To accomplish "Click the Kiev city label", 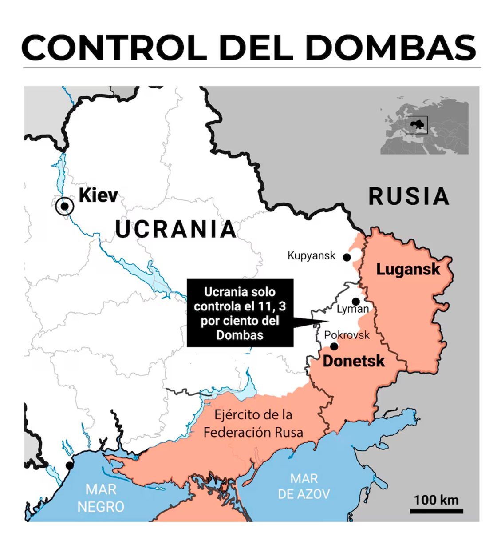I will (x=98, y=195).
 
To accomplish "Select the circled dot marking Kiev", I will (x=65, y=206).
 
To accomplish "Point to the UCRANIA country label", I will (x=176, y=229).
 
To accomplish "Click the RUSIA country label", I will (x=409, y=196).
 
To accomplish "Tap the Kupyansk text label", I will (x=312, y=256).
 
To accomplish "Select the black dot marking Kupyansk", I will (x=347, y=257).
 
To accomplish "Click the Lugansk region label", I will (x=408, y=269).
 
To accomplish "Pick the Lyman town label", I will (x=353, y=309).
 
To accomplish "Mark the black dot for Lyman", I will (x=356, y=302).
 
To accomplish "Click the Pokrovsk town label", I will (x=347, y=335).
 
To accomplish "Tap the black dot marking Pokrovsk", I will (x=334, y=346).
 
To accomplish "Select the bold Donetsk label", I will (x=354, y=361).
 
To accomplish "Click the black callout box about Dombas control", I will (x=240, y=313).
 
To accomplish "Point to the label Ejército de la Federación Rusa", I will (x=253, y=423).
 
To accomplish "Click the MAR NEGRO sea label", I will (x=101, y=498).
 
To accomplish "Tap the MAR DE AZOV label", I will (x=304, y=486).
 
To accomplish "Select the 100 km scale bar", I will (x=436, y=511).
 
